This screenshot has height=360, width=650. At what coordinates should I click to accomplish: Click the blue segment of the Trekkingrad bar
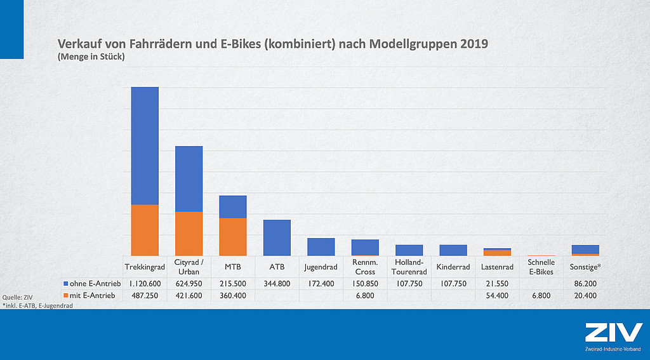coord(145,145)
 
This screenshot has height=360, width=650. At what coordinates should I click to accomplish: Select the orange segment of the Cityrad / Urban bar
coord(189,234)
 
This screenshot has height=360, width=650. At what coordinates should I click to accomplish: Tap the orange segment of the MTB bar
coord(233,237)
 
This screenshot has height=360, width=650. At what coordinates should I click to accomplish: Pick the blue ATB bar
coord(277,238)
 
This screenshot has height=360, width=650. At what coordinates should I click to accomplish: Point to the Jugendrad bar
coord(321,247)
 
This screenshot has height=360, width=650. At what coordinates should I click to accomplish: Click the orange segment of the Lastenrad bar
coord(498,253)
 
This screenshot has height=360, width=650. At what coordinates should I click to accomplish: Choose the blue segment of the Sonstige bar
coord(585,249)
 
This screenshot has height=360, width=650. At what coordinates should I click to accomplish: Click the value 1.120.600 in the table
coord(145,283)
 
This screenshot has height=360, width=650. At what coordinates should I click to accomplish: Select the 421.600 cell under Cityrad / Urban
coord(189,295)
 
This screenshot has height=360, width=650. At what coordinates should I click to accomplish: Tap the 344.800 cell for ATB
coord(277,283)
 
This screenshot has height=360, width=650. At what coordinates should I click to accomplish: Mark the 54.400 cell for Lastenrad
coord(498,295)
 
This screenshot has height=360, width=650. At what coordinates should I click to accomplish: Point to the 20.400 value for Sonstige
coord(585,295)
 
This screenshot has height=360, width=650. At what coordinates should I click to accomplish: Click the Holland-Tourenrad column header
coord(409,267)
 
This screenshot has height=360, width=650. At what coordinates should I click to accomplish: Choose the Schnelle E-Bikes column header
coord(541,267)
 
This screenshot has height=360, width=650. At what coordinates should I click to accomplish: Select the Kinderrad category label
coord(453,267)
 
